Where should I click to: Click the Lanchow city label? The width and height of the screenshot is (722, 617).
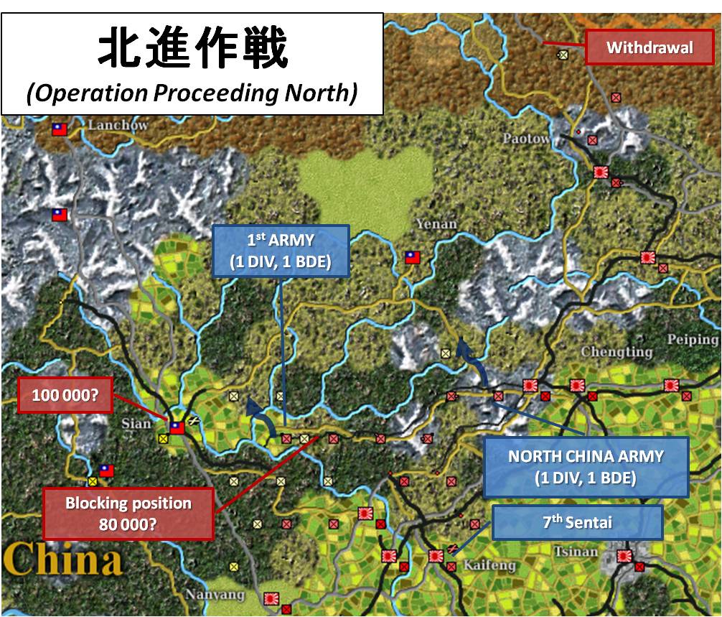pos(118,126)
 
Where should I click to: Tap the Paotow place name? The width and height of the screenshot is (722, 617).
pos(527,138)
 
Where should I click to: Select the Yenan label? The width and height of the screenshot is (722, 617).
pos(436,224)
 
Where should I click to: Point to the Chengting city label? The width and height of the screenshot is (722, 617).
pos(616,352)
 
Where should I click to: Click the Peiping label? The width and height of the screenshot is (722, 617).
pos(692,339)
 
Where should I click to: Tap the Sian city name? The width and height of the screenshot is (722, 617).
pos(136,423)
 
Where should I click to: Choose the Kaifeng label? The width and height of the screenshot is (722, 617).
pos(489,565)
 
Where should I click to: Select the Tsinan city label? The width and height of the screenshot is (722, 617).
pos(575,552)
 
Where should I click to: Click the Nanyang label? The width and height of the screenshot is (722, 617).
pos(215,595)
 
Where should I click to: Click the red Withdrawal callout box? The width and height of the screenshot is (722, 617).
pos(649,48)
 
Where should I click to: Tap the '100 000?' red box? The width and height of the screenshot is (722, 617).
pos(65,395)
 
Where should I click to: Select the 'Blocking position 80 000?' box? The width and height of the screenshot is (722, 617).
pos(128,513)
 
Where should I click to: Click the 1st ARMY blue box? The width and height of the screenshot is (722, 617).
pos(280,251)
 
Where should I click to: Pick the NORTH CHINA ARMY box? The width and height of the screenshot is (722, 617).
pos(586,466)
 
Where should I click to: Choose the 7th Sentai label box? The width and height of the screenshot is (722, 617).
pos(577,522)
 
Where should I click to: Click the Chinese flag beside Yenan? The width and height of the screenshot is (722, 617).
pos(412,257)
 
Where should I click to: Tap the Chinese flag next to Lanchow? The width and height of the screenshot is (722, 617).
pos(59,129)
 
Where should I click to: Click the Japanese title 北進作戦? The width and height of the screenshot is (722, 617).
pos(192,50)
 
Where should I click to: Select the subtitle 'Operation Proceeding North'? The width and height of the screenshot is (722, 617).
pos(192,93)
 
